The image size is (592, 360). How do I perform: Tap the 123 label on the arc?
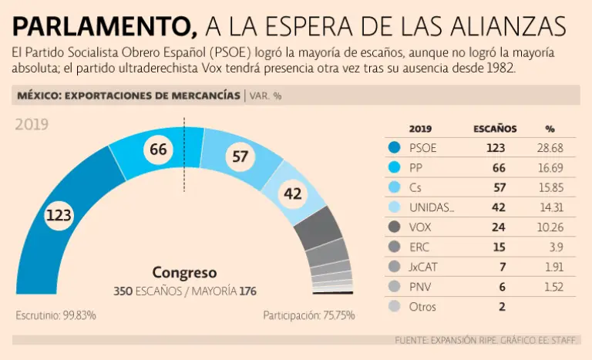click(x=59, y=216)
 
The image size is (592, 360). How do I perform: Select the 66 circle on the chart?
click(x=158, y=150)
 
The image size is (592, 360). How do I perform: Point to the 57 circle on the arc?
click(x=240, y=157)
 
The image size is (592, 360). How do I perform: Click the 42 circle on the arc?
click(x=293, y=194)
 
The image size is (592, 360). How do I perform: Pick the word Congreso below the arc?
click(x=184, y=273)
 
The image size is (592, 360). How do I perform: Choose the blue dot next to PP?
click(x=395, y=167)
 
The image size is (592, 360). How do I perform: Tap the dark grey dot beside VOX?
click(x=395, y=227)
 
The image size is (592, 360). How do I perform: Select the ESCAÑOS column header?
click(x=494, y=129)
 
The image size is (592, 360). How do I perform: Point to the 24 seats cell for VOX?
click(x=500, y=227)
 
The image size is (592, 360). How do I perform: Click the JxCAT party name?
click(x=427, y=267)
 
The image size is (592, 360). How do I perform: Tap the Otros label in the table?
click(x=423, y=307)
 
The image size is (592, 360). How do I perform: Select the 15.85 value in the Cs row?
click(x=550, y=187)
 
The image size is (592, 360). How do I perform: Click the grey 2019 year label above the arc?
click(x=32, y=124)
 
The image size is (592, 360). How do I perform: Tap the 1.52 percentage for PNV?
click(x=553, y=287)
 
